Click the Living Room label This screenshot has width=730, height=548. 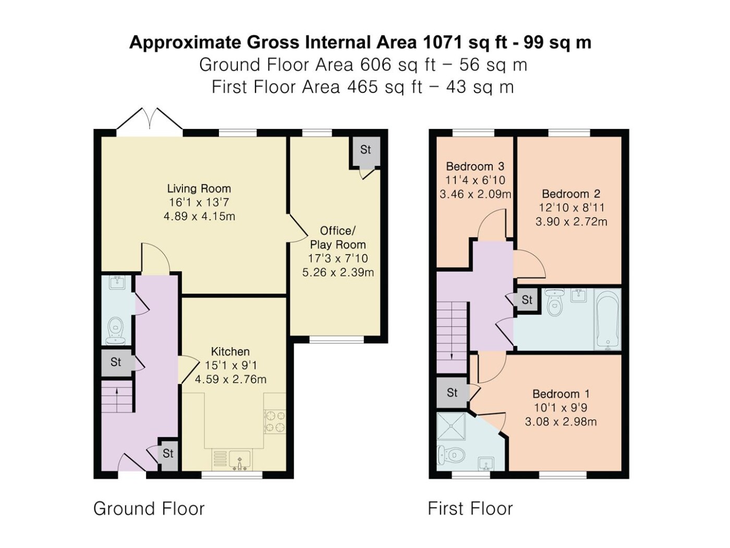point(199,188)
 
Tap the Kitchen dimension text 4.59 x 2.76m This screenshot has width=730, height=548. point(230,379)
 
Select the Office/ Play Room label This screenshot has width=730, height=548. point(338,237)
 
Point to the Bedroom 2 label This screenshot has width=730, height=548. point(571,194)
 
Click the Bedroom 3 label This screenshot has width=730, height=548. point(475,166)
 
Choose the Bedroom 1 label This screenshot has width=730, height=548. point(561,394)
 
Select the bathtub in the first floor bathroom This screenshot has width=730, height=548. point(607,319)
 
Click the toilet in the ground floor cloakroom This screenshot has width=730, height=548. point(115,331)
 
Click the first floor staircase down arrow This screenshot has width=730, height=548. point(452,349)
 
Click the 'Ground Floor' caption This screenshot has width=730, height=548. point(149,508)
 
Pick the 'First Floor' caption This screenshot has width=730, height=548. point(470,508)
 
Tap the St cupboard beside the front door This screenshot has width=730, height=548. point(168,454)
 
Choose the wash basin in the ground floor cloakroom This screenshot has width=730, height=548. point(116,283)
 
